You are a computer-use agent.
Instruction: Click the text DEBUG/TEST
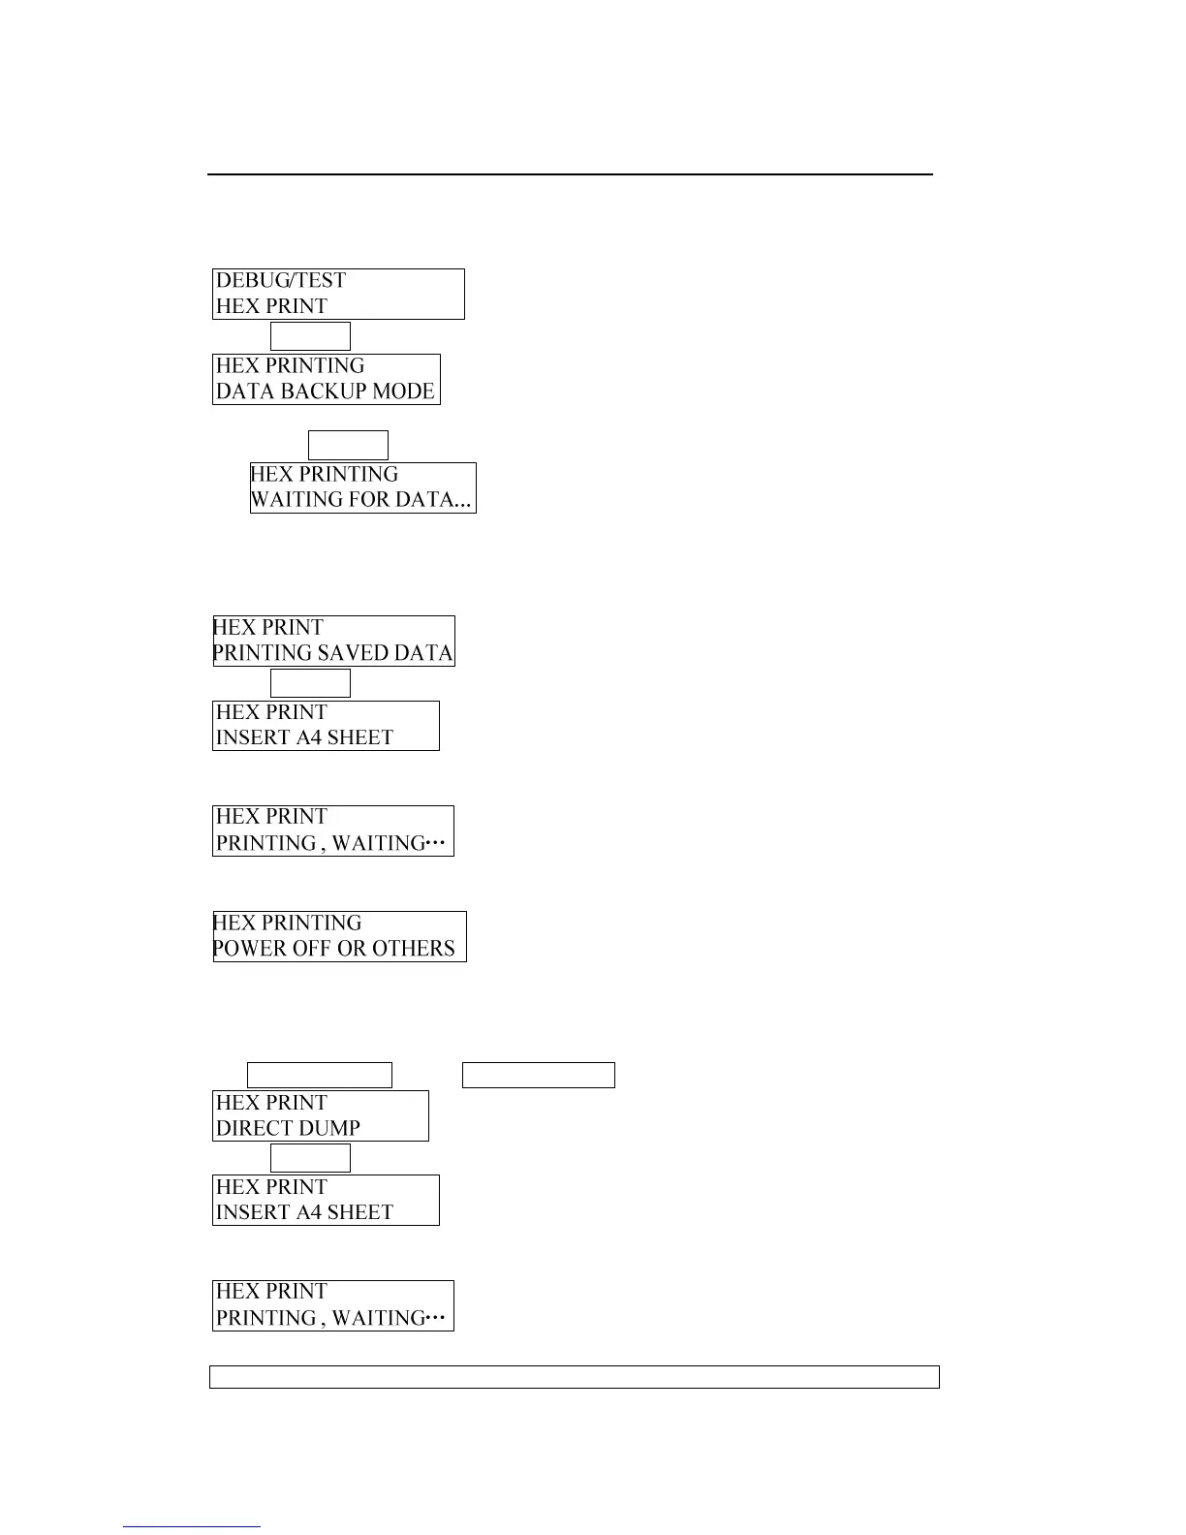coord(281,281)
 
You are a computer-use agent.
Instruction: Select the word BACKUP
coord(323,392)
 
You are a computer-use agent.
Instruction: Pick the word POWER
coord(246,949)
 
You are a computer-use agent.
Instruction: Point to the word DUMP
coord(329,1128)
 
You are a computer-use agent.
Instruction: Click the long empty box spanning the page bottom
coord(575,1377)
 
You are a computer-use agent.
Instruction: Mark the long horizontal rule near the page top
coord(570,174)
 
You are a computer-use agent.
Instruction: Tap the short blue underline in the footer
coord(192,1527)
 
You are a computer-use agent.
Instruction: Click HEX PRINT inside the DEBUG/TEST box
coord(272,306)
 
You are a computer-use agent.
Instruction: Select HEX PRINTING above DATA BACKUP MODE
coord(290,366)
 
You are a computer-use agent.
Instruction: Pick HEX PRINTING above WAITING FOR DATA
coord(325,475)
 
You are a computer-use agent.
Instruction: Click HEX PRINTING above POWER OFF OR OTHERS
coord(288,924)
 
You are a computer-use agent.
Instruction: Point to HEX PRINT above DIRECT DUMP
coord(272,1103)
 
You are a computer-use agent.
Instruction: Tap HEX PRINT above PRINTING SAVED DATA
coord(268,628)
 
